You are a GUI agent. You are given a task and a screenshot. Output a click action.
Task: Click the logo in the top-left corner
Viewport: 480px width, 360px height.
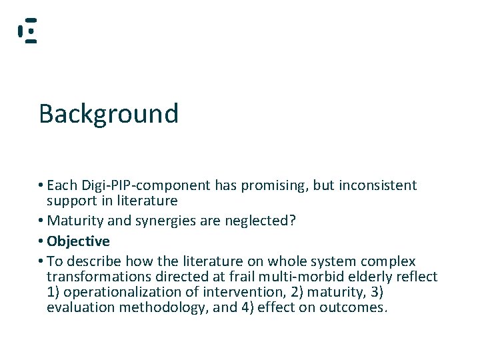click(27, 31)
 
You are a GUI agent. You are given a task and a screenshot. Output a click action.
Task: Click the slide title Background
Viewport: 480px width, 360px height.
click(109, 114)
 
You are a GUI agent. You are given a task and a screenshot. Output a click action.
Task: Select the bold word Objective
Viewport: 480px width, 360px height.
click(78, 241)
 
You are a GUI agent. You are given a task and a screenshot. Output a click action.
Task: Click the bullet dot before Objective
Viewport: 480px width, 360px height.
click(41, 241)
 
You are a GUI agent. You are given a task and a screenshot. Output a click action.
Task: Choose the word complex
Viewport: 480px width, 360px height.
click(389, 261)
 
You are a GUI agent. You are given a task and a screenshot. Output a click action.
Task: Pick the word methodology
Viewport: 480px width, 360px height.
click(155, 307)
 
